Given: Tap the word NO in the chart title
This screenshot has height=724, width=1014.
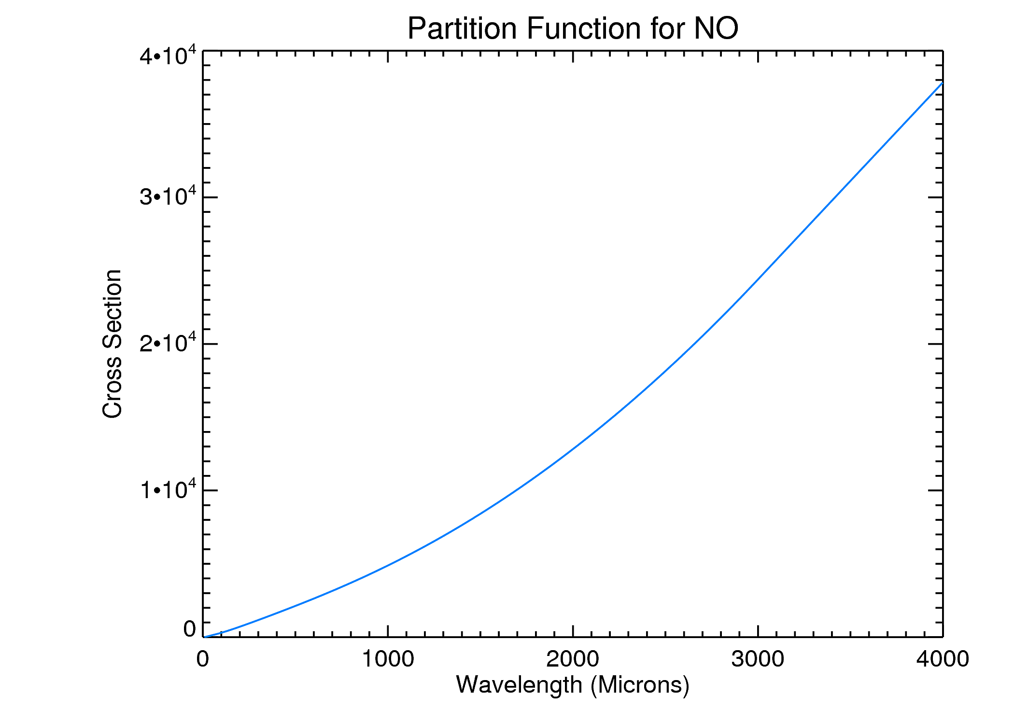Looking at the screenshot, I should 716,29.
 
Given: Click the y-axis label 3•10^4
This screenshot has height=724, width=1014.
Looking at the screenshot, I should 168,196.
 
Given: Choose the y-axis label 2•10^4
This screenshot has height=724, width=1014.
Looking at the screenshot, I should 168,343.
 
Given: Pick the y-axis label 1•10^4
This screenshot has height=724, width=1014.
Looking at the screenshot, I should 168,490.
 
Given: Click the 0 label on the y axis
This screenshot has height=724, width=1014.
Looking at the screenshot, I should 189,629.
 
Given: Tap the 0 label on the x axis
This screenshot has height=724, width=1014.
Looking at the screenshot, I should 203,659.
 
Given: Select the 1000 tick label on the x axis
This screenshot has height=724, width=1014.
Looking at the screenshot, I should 388,659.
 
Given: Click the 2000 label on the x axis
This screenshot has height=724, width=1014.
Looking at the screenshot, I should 573,659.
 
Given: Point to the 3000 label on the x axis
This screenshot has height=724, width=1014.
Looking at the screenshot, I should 758,659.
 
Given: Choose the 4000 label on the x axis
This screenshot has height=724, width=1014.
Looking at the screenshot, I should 943,659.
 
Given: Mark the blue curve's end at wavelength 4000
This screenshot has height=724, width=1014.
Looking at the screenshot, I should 942,83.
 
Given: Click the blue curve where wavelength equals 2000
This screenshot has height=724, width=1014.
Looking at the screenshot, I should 573,449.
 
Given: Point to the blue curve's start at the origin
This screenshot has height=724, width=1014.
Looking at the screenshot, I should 204,637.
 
